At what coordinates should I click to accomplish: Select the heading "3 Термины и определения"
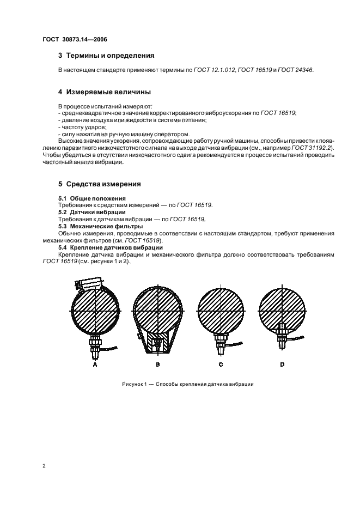106,56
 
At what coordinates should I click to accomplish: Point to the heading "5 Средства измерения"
99,184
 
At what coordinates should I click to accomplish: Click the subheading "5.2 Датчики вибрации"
91,212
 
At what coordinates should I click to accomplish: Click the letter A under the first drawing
95,365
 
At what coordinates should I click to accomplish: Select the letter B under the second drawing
157,365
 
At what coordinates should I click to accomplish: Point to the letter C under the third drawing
221,365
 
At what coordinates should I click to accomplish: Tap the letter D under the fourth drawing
282,365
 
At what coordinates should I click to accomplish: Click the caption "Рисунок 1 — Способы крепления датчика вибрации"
188,384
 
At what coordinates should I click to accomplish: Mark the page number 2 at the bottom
43,465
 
